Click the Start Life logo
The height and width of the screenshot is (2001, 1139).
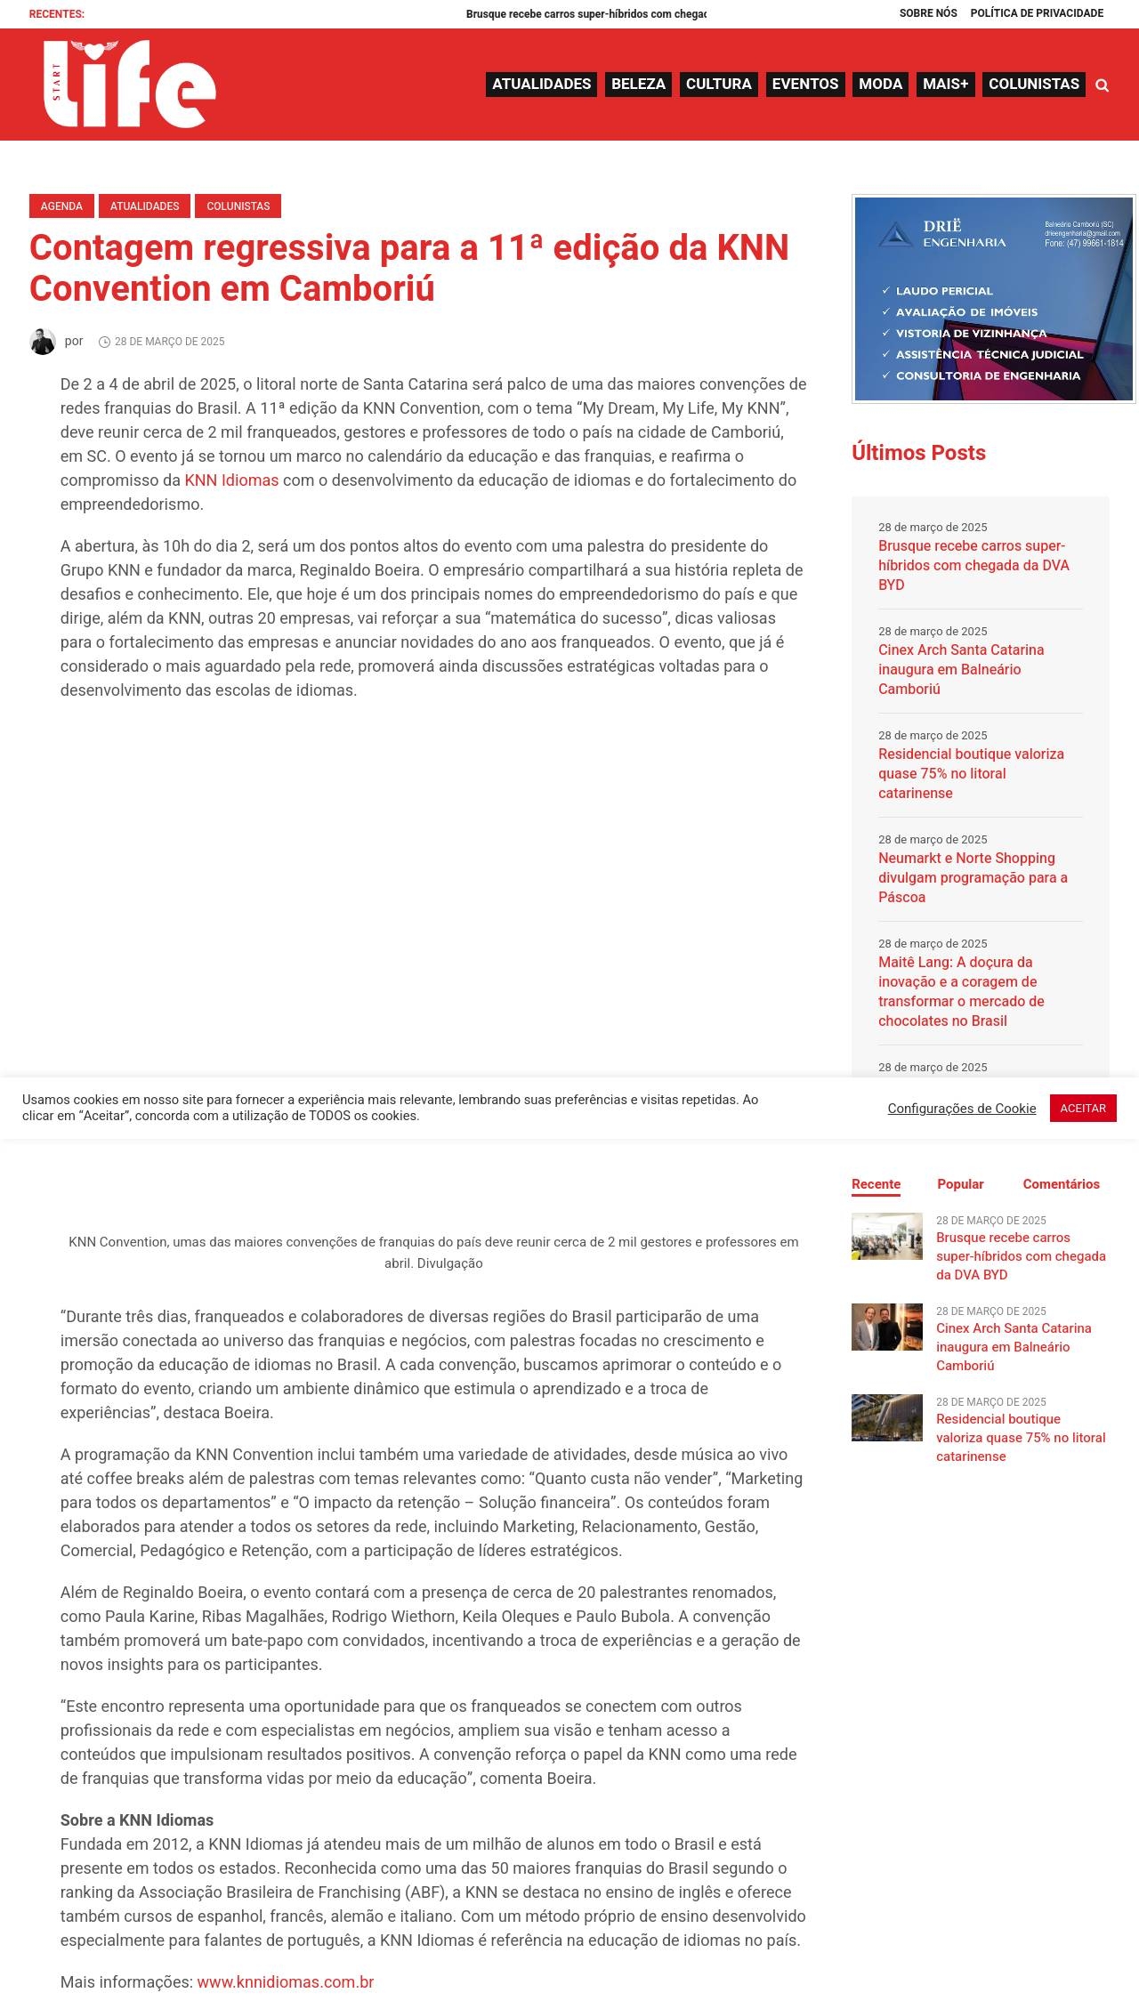pyautogui.click(x=129, y=84)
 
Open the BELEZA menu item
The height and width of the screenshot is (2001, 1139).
pyautogui.click(x=638, y=85)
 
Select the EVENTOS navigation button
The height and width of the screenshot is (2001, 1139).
pyautogui.click(x=804, y=85)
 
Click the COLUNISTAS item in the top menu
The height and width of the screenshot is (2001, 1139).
pyautogui.click(x=1033, y=85)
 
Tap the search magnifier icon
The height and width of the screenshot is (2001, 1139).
pyautogui.click(x=1103, y=85)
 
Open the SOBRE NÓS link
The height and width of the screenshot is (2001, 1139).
pyautogui.click(x=928, y=13)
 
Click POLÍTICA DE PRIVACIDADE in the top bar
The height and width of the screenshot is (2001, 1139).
pyautogui.click(x=1037, y=13)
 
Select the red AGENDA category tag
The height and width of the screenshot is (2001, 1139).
pyautogui.click(x=61, y=206)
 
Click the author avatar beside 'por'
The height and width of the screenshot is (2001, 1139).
pyautogui.click(x=43, y=342)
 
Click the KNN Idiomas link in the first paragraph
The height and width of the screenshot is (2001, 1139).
pyautogui.click(x=231, y=480)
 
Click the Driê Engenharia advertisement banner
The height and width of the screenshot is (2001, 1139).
pyautogui.click(x=993, y=299)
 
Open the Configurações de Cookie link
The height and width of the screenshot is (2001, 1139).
pyautogui.click(x=961, y=1109)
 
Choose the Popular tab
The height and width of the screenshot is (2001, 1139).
pyautogui.click(x=960, y=1184)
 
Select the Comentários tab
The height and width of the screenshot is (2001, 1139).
pyautogui.click(x=1061, y=1184)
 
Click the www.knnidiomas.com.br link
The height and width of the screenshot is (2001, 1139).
pyautogui.click(x=285, y=1982)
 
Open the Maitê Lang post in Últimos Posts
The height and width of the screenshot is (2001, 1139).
pyautogui.click(x=961, y=991)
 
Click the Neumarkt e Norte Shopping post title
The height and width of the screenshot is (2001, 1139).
pyautogui.click(x=973, y=877)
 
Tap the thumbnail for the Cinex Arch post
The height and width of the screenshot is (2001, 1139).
pyautogui.click(x=886, y=1327)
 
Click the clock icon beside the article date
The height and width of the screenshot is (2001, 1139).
pyautogui.click(x=104, y=343)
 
